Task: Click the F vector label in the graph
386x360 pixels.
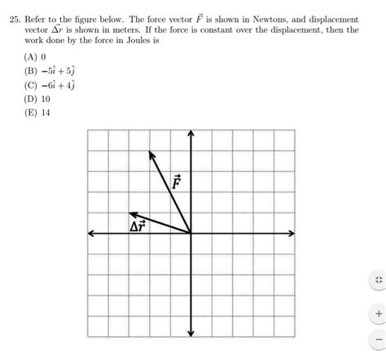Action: pyautogui.click(x=177, y=182)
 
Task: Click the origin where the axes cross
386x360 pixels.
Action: pyautogui.click(x=191, y=233)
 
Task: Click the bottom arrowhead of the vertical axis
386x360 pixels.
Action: pyautogui.click(x=191, y=333)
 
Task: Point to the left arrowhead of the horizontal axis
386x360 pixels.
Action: pyautogui.click(x=90, y=233)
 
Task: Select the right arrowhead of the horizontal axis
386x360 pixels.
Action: pyautogui.click(x=292, y=233)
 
